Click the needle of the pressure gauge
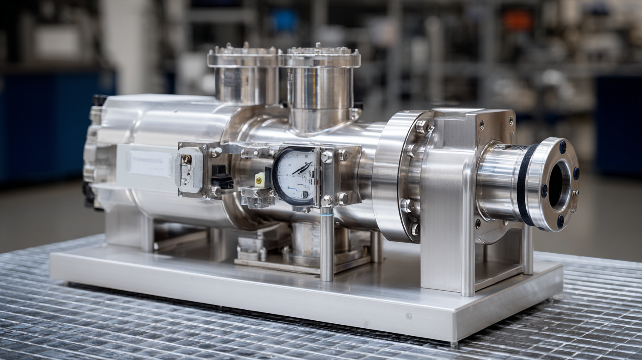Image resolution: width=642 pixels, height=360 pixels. pyautogui.click(x=302, y=168)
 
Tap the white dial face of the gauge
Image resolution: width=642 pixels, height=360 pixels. pyautogui.click(x=295, y=177)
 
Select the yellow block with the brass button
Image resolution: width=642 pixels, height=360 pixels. pyautogui.click(x=260, y=179)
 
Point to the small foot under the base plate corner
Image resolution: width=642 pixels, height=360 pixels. pyautogui.click(x=454, y=342)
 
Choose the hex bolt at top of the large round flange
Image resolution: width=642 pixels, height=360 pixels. pyautogui.click(x=421, y=127)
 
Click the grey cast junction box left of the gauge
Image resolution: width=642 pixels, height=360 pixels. pyautogui.click(x=189, y=170)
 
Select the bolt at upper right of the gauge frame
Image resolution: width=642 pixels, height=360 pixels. pyautogui.click(x=342, y=155)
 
